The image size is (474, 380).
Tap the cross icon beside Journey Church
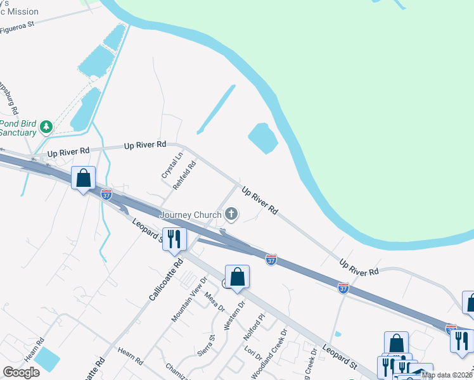pyautogui.click(x=231, y=215)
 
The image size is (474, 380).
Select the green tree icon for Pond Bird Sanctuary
pyautogui.click(x=46, y=127)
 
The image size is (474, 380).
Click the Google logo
pyautogui.click(x=21, y=372)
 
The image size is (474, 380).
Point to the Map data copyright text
pyautogui.click(x=447, y=375)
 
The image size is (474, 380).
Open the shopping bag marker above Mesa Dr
pyautogui.click(x=237, y=277)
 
